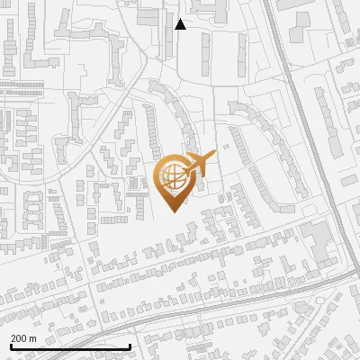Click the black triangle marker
(x=180, y=24)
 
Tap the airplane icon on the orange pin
(x=199, y=163)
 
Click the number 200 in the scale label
(x=19, y=338)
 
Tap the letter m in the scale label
(x=32, y=338)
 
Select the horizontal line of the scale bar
(x=70, y=346)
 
